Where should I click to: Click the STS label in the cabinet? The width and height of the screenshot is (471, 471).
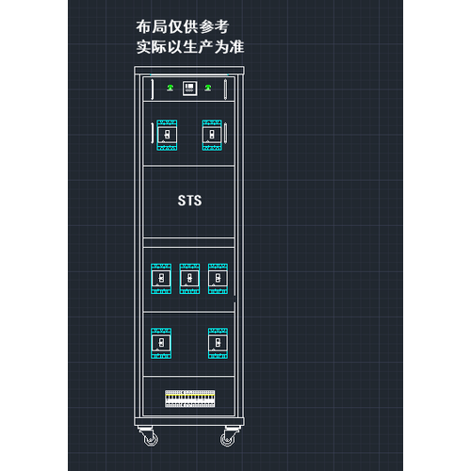(189, 201)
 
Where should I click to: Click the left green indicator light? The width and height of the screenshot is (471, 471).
(171, 88)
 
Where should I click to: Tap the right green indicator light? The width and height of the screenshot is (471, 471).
(208, 88)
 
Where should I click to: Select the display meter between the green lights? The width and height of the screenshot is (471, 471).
(190, 89)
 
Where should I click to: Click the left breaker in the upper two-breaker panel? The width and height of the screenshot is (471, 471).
(167, 135)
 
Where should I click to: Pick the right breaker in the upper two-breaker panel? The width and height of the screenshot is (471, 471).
(212, 135)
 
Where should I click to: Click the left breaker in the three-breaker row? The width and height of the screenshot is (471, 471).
(161, 279)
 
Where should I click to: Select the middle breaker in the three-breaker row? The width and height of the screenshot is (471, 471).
(189, 279)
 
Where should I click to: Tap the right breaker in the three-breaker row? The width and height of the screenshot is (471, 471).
(218, 279)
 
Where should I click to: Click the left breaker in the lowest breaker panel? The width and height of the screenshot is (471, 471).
(161, 343)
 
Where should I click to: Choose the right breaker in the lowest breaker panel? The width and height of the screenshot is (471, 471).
(218, 343)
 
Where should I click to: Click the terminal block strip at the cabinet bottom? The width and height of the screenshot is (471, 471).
(190, 398)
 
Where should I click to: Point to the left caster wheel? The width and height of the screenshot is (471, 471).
(151, 439)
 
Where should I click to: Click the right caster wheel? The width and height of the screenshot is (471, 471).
(227, 439)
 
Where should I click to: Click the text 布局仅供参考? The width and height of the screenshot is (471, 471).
(183, 26)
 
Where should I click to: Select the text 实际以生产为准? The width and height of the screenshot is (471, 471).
(190, 47)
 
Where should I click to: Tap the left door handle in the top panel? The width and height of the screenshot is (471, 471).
(153, 89)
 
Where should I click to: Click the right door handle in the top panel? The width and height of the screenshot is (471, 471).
(225, 89)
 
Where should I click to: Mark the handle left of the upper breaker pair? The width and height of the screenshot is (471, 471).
(153, 133)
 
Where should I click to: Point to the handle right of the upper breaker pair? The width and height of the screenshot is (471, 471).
(225, 133)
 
